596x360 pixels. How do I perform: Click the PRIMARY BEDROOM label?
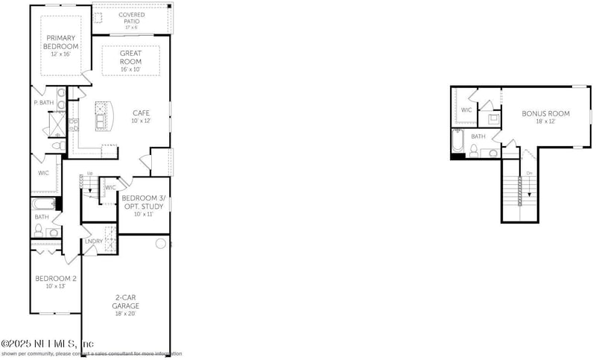pyautogui.click(x=60, y=42)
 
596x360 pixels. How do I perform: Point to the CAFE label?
pyautogui.click(x=142, y=113)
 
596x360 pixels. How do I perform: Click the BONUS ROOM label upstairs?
pyautogui.click(x=545, y=113)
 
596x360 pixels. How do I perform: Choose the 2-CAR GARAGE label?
pyautogui.click(x=127, y=301)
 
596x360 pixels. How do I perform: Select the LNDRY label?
pyautogui.click(x=93, y=241)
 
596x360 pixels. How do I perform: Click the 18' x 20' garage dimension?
pyautogui.click(x=127, y=315)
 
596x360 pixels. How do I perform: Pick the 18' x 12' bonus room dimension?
pyautogui.click(x=545, y=121)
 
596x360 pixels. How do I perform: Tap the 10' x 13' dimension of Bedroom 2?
pyautogui.click(x=55, y=287)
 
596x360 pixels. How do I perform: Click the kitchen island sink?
pyautogui.click(x=101, y=117)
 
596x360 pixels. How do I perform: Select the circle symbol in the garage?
pyautogui.click(x=160, y=244)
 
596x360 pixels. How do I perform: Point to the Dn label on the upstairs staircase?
pyautogui.click(x=530, y=174)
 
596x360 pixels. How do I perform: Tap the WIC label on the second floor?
pyautogui.click(x=467, y=110)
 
